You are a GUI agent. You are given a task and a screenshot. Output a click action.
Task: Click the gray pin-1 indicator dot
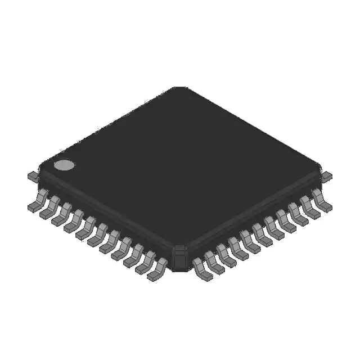tap(64, 165)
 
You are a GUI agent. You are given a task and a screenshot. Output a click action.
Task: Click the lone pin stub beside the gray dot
tap(33, 176)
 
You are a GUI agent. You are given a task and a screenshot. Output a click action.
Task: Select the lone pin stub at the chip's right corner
tap(326, 176)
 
